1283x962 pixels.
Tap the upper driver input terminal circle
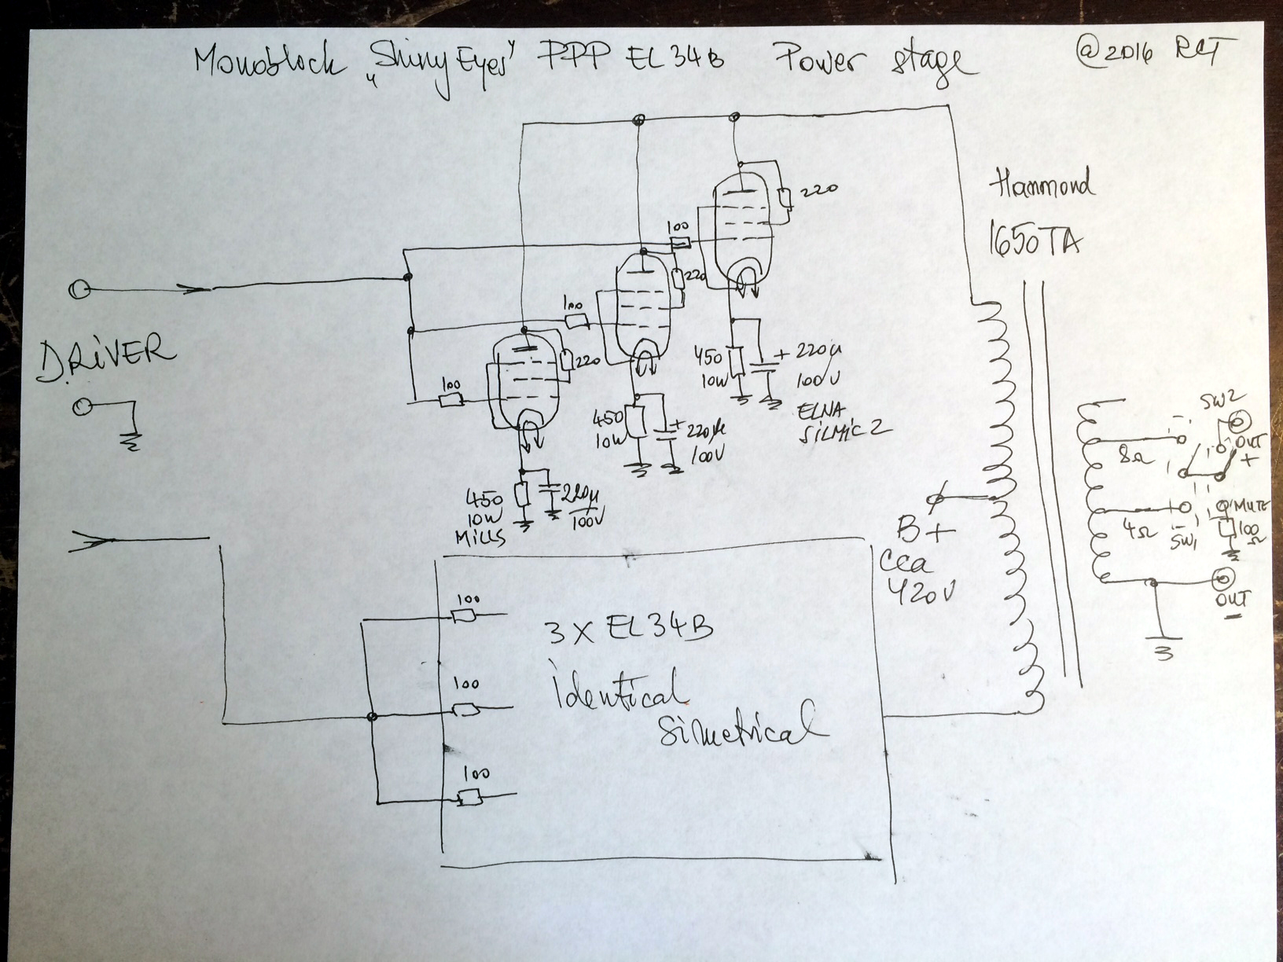pyautogui.click(x=79, y=290)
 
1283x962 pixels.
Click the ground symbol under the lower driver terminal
pyautogui.click(x=131, y=442)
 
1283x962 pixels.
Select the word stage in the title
pyautogui.click(x=928, y=66)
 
